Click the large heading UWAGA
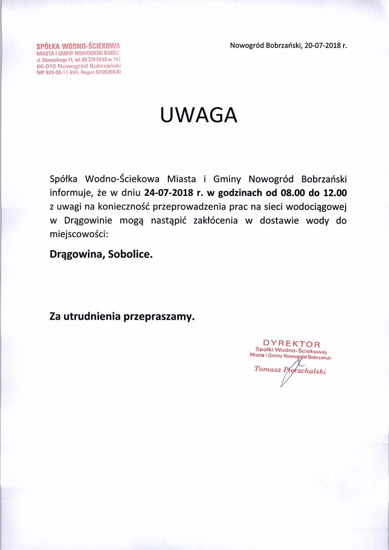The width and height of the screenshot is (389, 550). coord(198,115)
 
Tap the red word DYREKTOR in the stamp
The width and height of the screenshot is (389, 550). coord(292,344)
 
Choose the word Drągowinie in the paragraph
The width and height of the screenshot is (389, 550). coord(87,220)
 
